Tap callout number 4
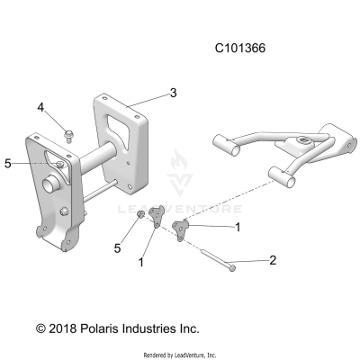tap(40, 108)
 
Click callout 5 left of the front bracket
tap(7, 164)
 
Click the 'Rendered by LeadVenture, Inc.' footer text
tap(180, 355)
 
